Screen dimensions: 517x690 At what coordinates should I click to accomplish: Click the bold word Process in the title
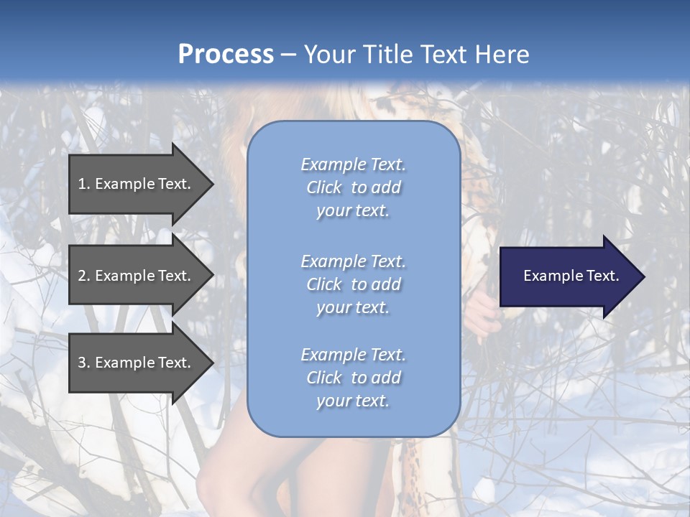coord(226,55)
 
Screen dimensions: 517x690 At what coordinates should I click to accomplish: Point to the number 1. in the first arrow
coord(84,184)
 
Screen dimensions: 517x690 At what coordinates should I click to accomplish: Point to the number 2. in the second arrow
coord(84,276)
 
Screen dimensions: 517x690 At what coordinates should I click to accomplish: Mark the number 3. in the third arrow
coord(84,363)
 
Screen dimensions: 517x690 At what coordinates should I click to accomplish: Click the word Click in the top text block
coord(324,187)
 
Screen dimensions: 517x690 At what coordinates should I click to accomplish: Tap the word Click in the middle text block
coord(324,284)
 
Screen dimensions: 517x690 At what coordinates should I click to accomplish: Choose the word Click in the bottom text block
coord(324,378)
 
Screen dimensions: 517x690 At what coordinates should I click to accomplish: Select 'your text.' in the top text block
coord(353,211)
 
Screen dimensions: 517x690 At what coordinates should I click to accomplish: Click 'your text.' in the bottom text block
coord(353,401)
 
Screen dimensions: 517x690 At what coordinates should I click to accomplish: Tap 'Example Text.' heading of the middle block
coord(353,261)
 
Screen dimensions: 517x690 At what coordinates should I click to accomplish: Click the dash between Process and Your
coord(289,55)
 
